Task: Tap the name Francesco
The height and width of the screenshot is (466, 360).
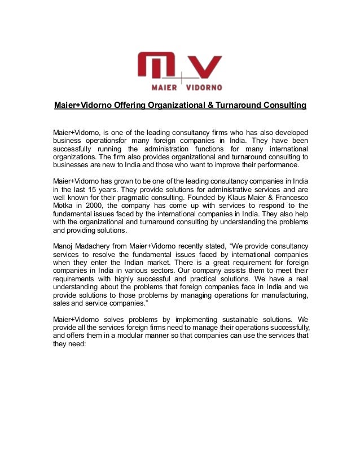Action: click(x=288, y=198)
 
